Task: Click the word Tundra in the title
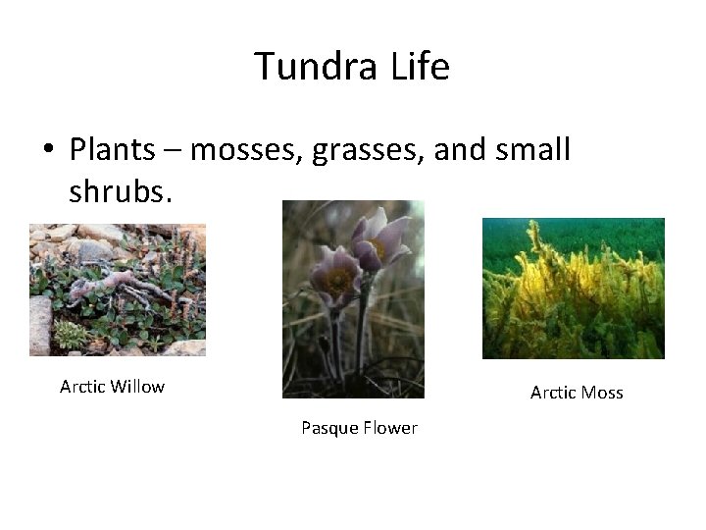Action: point(316,67)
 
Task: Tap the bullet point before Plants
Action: point(47,151)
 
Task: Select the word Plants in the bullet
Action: point(112,150)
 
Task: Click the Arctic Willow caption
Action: point(112,387)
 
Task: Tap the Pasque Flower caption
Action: point(359,428)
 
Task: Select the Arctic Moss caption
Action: point(577,393)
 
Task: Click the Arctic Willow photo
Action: point(118,290)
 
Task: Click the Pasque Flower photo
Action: point(353,299)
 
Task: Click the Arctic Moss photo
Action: point(574,289)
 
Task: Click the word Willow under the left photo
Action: point(137,387)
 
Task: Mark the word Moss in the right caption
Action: point(602,393)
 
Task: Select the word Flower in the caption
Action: point(389,428)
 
